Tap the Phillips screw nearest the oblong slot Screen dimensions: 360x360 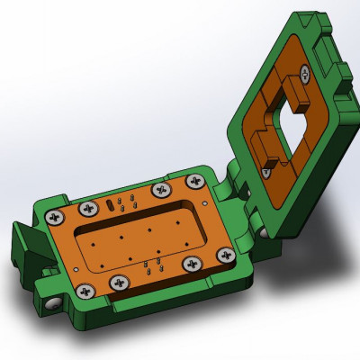[88, 209]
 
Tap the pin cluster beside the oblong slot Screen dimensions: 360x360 [129, 200]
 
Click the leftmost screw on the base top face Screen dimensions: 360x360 [56, 217]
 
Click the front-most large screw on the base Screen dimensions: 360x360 [85, 290]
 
